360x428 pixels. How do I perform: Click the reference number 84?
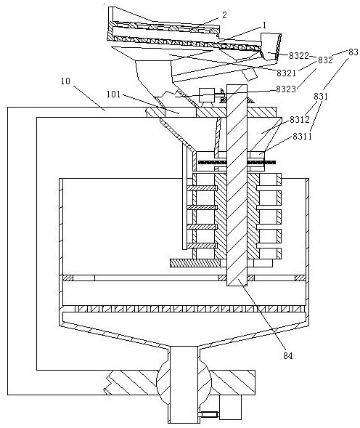pos(287,355)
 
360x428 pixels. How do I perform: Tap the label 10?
pos(65,81)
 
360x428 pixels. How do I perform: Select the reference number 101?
pos(113,94)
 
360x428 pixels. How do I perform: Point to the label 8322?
pos(299,56)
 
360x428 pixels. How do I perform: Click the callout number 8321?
pos(287,73)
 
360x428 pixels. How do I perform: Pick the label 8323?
pos(286,89)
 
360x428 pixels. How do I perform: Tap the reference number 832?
pos(325,60)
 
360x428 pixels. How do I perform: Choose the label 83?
pos(353,52)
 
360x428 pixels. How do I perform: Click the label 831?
pos(321,97)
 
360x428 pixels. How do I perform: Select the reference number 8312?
pos(300,120)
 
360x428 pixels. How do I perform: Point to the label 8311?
pos(303,136)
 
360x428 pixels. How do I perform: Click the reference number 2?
pos(224,15)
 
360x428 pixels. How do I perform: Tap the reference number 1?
pos(264,25)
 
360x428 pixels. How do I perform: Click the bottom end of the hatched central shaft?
pos(237,286)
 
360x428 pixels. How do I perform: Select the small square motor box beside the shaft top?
pos(207,95)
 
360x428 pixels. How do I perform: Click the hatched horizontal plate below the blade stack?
pos(195,263)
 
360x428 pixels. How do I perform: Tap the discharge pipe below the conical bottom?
pos(184,384)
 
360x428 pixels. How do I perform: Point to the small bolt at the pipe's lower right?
pos(209,415)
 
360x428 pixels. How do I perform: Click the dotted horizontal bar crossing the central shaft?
pos(237,163)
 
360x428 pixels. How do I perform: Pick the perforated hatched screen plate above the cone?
pos(184,309)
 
